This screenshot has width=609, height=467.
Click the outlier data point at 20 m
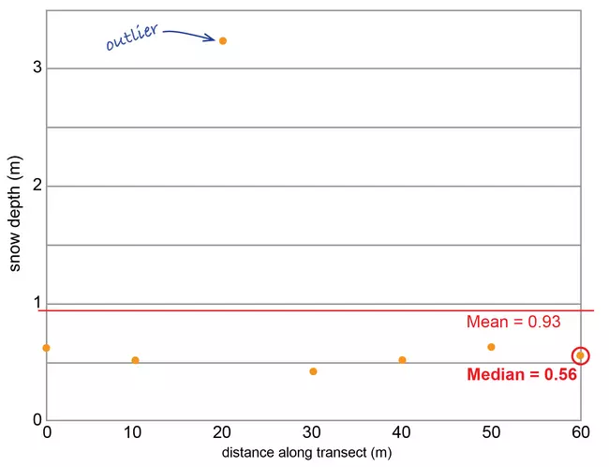tap(222, 40)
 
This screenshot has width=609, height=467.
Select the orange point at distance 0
tap(46, 348)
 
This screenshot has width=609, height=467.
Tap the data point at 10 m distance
tap(135, 360)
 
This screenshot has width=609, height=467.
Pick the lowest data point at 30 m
tap(313, 371)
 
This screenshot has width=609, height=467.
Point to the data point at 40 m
tap(402, 360)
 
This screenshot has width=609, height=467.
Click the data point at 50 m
tap(491, 347)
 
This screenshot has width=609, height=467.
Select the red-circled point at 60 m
tap(581, 355)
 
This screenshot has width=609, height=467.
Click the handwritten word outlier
tap(131, 38)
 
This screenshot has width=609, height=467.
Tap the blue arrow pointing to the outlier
tap(189, 34)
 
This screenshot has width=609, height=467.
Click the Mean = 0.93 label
tap(513, 323)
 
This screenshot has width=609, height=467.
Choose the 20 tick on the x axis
tap(223, 432)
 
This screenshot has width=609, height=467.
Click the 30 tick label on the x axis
tap(313, 432)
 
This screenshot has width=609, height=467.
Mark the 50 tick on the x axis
tap(491, 432)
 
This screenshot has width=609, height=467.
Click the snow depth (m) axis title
tap(15, 213)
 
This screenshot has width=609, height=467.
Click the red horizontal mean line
tap(281, 310)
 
